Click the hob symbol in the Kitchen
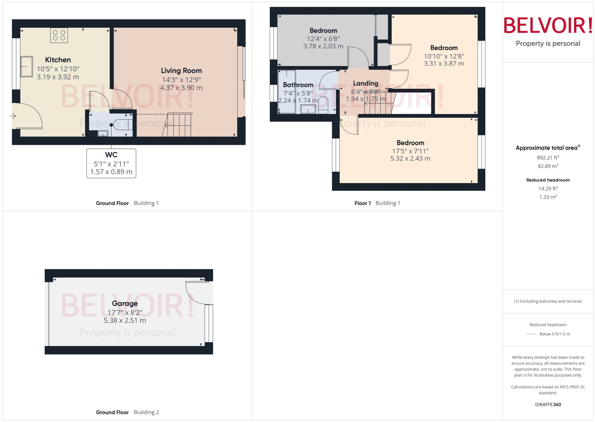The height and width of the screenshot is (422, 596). coord(59,35)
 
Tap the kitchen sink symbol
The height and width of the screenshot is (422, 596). coord(27,66)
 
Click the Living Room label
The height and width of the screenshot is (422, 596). coord(181,71)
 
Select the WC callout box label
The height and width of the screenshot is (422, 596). coord(111,155)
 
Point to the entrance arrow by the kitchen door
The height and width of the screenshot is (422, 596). coord(13,116)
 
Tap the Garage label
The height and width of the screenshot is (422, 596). coord(125,303)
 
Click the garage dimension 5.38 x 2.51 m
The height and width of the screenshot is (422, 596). coord(125,320)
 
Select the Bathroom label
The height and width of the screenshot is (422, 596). coord(298,85)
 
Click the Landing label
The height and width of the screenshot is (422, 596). coord(365,83)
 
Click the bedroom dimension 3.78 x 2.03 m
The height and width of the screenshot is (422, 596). coord(323,46)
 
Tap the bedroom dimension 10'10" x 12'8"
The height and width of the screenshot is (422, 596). coord(444,56)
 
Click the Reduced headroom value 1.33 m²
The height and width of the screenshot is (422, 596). coord(548,197)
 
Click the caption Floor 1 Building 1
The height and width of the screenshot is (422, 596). coord(377,203)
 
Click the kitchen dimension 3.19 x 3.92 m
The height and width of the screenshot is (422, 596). coord(58,77)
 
